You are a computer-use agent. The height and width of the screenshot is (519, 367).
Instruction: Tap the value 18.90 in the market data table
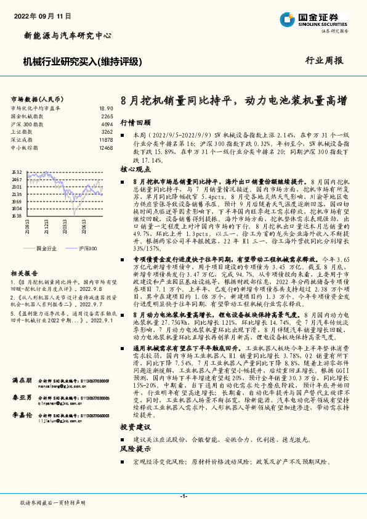(106, 108)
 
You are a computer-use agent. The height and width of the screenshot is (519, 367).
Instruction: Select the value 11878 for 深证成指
(106, 140)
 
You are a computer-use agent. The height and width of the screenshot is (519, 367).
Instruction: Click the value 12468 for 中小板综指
(106, 148)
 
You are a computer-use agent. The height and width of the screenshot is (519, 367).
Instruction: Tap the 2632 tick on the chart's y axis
(17, 173)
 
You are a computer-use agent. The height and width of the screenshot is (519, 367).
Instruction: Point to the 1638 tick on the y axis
(17, 216)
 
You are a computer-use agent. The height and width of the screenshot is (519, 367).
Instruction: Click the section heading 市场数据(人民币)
(38, 99)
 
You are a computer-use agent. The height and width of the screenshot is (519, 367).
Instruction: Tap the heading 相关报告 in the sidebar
(25, 272)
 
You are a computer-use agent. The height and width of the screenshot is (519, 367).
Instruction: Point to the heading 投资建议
(135, 427)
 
